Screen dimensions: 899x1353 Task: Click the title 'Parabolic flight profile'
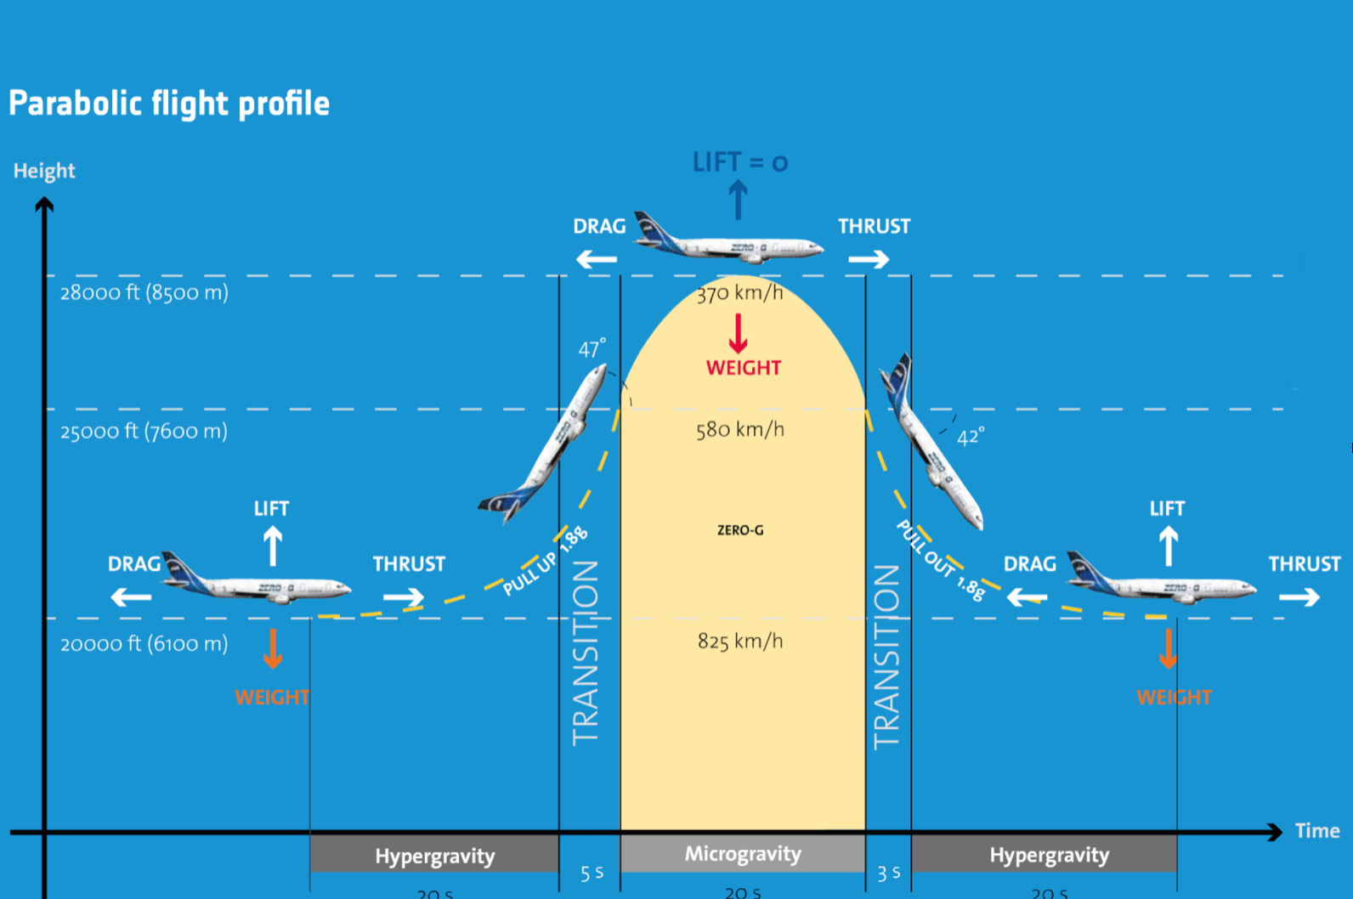169,104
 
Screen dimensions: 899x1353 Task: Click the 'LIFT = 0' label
739,161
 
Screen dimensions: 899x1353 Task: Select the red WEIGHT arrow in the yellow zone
738,334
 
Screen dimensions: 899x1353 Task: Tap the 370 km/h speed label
739,293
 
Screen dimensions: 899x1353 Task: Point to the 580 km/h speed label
739,429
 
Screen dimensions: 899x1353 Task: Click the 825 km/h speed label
739,641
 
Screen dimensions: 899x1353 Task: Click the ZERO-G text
739,530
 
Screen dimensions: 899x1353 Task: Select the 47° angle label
592,348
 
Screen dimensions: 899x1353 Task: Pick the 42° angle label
970,437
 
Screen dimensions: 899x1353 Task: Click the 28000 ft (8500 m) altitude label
144,293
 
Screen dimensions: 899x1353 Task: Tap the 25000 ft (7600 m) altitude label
144,432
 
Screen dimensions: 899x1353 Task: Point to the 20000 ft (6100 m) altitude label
144,644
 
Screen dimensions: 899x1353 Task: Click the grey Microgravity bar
743,854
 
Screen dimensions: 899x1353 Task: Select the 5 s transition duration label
592,873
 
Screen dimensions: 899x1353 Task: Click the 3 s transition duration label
888,873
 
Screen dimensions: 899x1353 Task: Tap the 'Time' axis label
1316,831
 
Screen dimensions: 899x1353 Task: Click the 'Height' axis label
44,171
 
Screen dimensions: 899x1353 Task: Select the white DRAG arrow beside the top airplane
597,259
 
